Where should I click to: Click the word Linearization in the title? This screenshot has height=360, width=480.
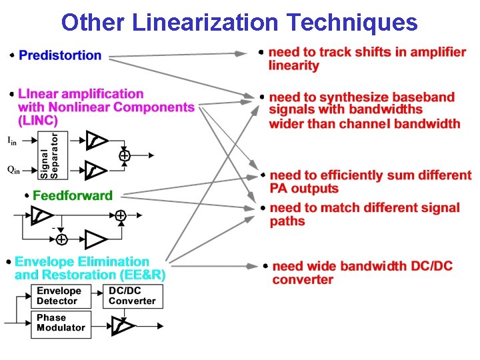pos(204,23)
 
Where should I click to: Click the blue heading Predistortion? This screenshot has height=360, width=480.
pos(60,55)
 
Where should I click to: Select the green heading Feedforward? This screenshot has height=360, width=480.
pos(73,195)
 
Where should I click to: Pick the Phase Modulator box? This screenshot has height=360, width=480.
pos(61,323)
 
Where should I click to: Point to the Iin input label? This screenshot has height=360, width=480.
pos(12,140)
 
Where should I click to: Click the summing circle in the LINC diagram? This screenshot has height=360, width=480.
pos(125,155)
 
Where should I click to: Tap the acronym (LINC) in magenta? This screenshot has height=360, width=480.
pos(38,121)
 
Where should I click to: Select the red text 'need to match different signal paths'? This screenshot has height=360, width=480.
pos(365,214)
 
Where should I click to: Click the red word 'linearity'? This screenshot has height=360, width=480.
pos(293,65)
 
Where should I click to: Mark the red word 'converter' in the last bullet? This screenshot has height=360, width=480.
pos(302,279)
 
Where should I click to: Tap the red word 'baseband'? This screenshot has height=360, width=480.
pos(427,97)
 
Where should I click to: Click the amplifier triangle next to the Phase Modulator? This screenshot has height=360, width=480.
pos(122,325)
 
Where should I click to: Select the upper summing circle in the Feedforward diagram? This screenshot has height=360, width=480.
pos(120,215)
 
